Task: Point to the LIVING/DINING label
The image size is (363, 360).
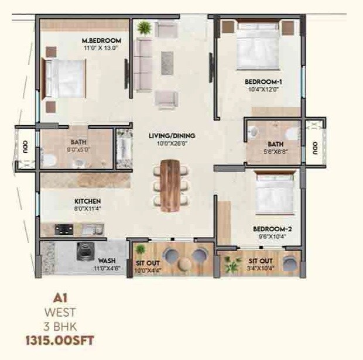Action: pyautogui.click(x=172, y=136)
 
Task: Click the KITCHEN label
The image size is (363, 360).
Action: pyautogui.click(x=87, y=201)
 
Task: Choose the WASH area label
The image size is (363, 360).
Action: pyautogui.click(x=106, y=261)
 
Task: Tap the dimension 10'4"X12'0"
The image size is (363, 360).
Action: pyautogui.click(x=263, y=90)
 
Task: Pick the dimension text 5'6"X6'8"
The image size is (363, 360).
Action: pyautogui.click(x=275, y=152)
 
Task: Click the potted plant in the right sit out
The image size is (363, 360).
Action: pyautogui.click(x=232, y=264)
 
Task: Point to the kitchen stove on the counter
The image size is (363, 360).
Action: pyautogui.click(x=63, y=229)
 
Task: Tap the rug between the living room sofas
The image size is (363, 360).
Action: pyautogui.click(x=167, y=63)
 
